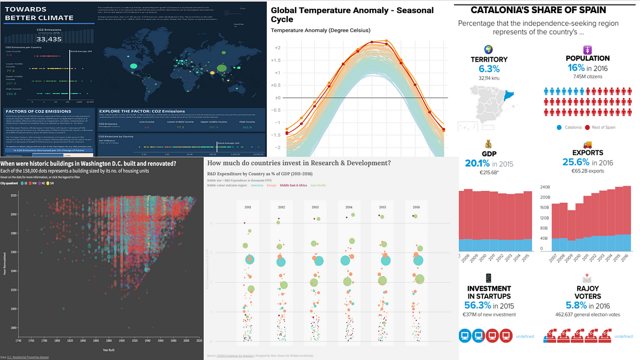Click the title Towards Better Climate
click(39, 14)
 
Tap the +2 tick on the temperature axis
click(278, 48)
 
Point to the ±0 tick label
click(278, 98)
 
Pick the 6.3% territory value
click(489, 69)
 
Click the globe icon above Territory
click(489, 49)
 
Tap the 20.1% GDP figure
click(477, 163)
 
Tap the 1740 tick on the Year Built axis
click(18, 340)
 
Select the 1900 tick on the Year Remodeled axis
click(14, 309)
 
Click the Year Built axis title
click(109, 350)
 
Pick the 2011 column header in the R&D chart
click(248, 207)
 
